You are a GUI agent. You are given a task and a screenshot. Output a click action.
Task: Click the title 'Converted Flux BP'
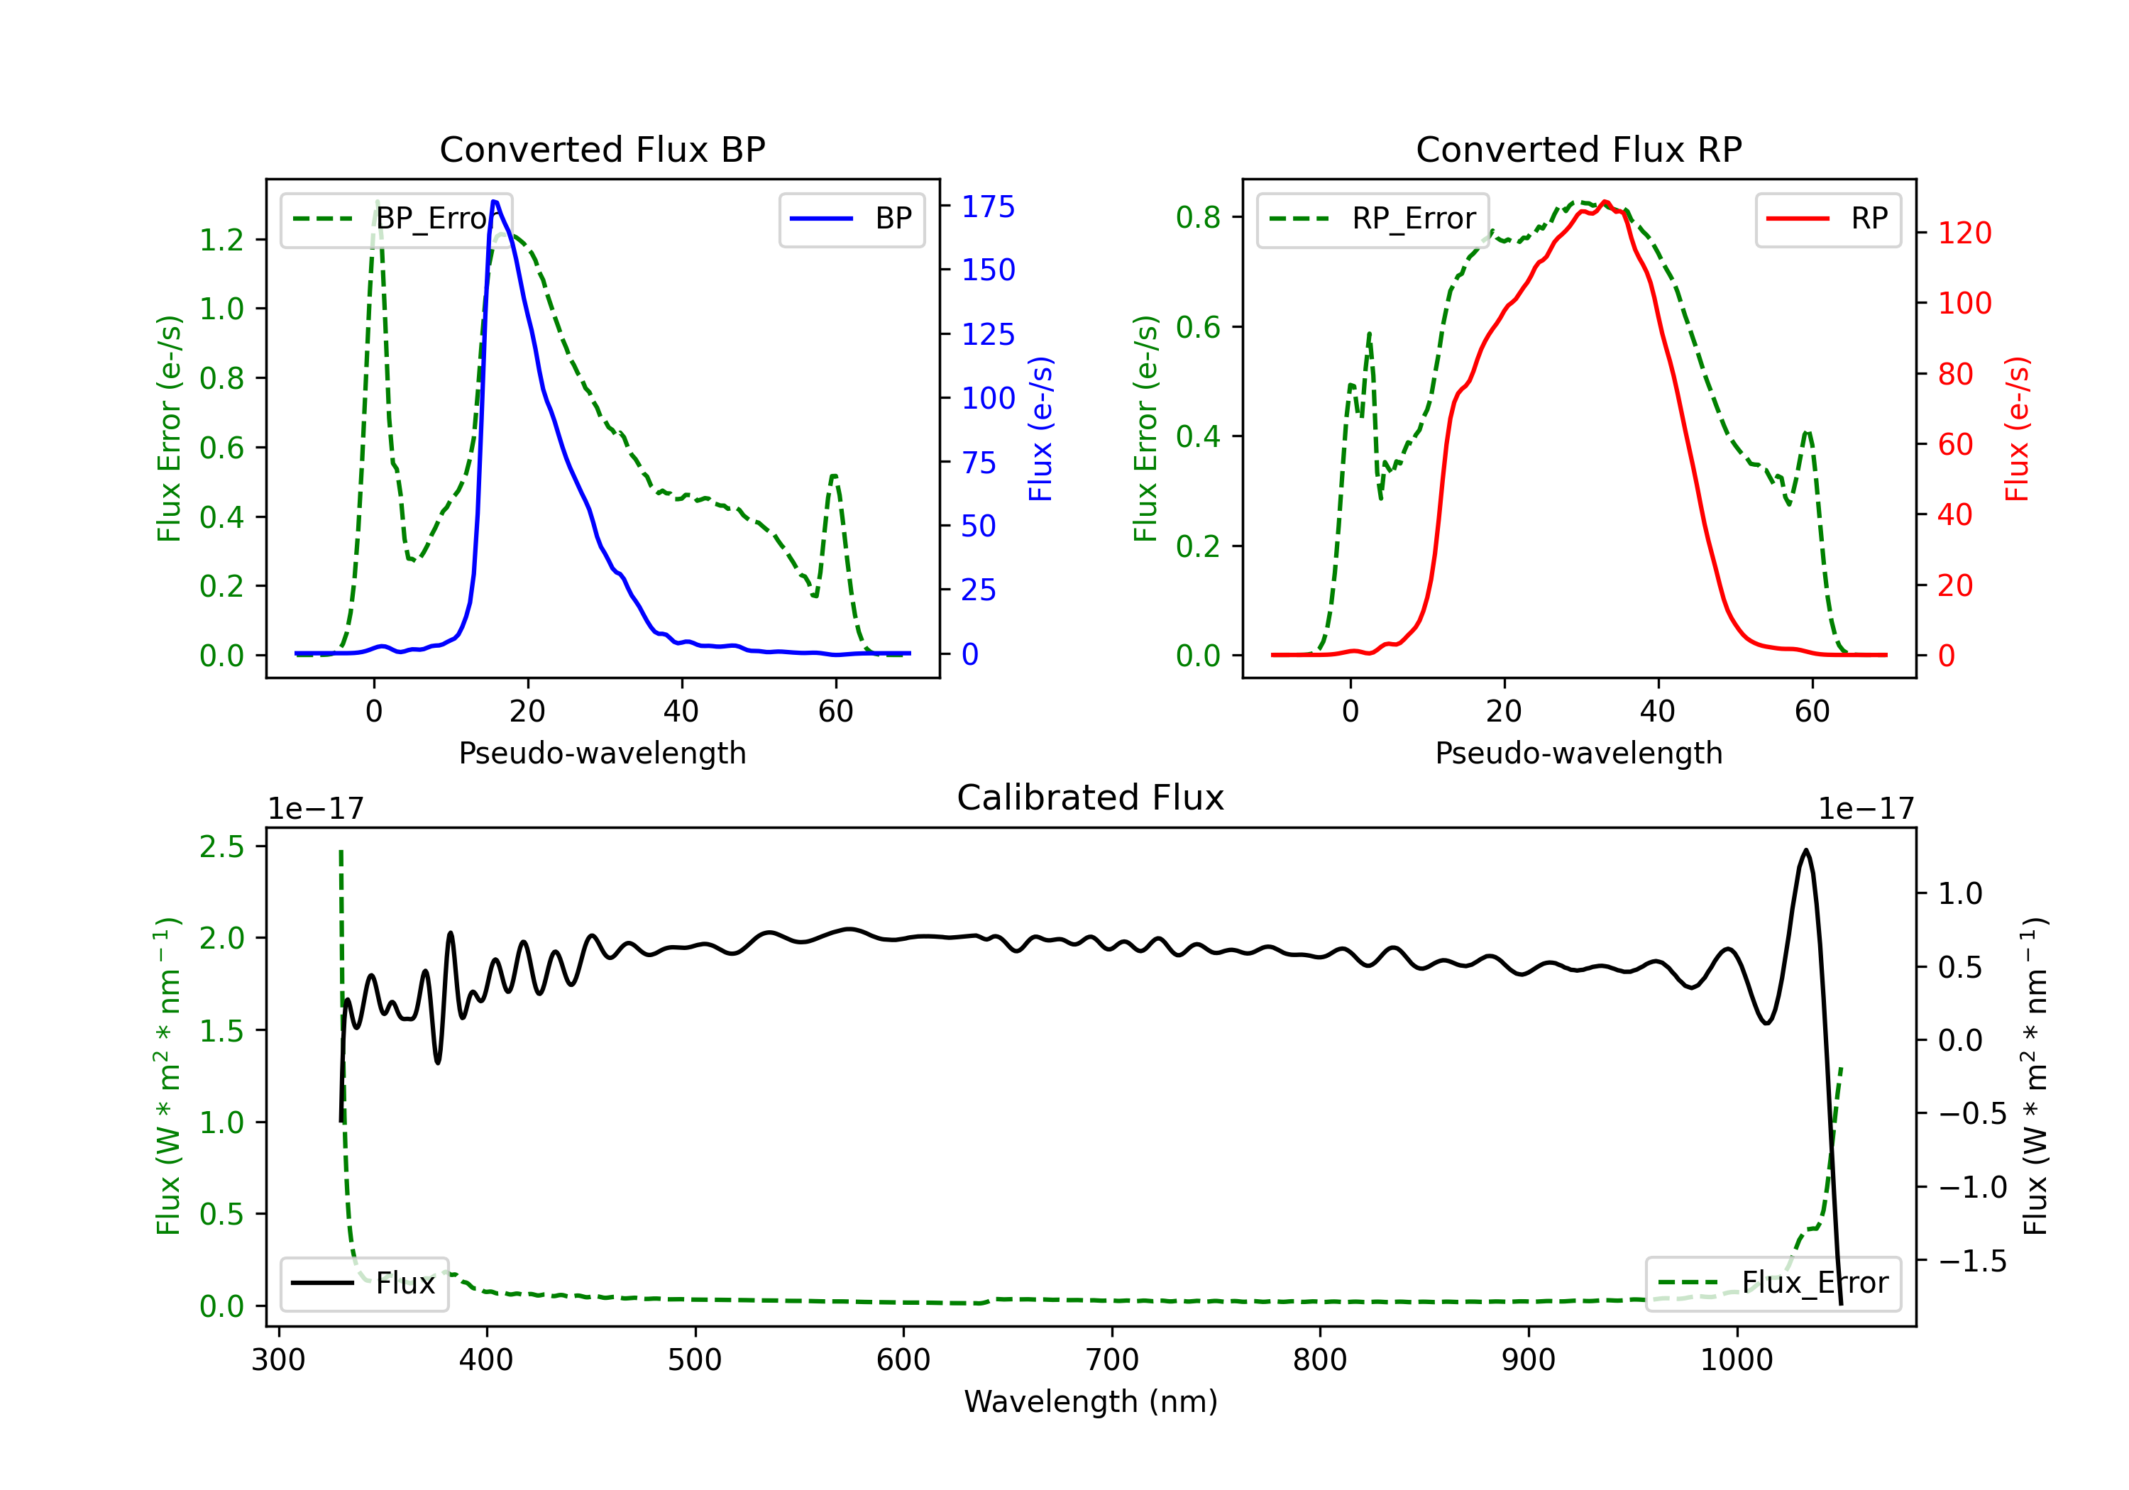tap(602, 149)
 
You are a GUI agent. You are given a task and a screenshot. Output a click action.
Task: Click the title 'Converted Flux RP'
tap(1578, 149)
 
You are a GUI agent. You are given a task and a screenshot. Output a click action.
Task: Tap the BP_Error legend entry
tap(397, 219)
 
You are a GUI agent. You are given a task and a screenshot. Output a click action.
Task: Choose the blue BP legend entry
tap(851, 219)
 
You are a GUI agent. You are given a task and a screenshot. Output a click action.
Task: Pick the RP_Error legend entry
tap(1372, 219)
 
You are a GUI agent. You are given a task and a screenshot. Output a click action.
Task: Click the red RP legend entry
tap(1827, 219)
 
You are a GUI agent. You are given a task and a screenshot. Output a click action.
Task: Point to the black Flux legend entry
tap(365, 1284)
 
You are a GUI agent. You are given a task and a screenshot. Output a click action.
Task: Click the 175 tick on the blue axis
tap(988, 206)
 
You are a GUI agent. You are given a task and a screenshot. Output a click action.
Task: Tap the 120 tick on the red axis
tap(1964, 233)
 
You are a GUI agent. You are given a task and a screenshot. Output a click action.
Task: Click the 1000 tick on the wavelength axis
tap(1736, 1360)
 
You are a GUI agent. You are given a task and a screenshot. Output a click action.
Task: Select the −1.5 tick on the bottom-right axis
tap(1971, 1261)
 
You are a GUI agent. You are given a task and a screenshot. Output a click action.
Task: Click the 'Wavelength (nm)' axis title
tap(1091, 1402)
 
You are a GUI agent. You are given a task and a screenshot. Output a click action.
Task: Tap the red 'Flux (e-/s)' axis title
tap(2018, 429)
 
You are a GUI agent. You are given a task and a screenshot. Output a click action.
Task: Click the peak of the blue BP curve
tap(494, 202)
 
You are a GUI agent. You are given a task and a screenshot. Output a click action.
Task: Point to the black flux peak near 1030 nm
tap(1805, 850)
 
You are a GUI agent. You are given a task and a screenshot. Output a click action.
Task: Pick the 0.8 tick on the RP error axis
tap(1198, 217)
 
